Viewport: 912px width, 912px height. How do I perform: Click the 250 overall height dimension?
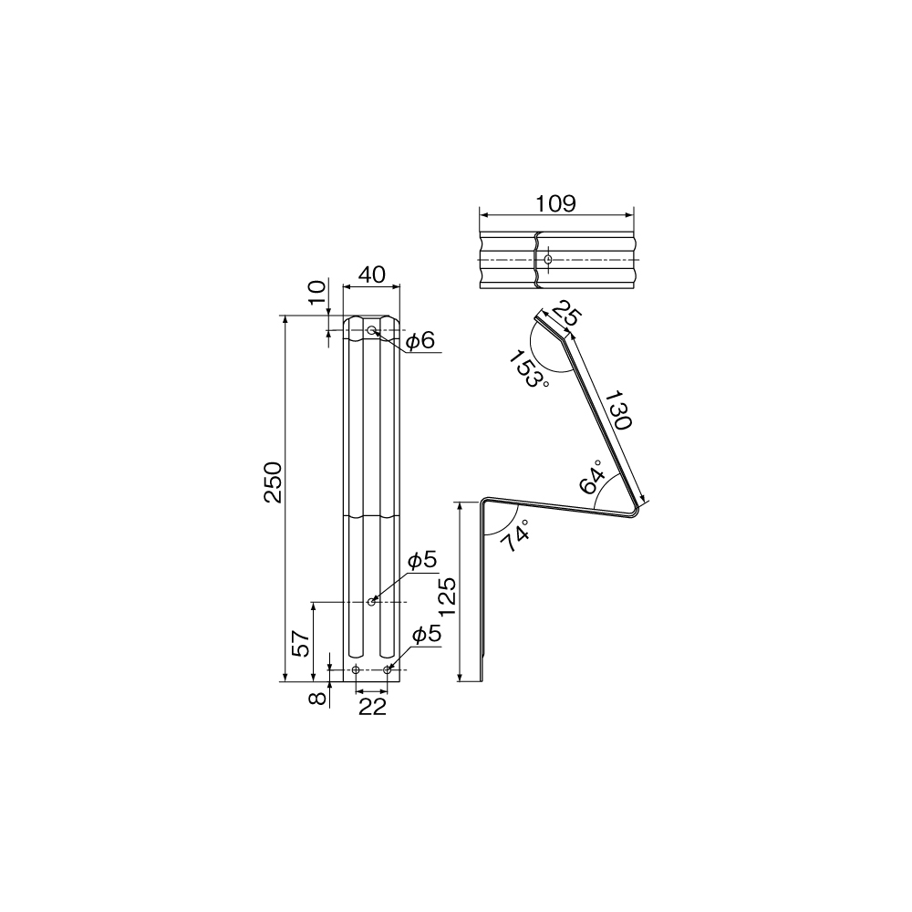click(x=273, y=482)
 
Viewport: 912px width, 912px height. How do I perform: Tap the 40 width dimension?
click(x=372, y=274)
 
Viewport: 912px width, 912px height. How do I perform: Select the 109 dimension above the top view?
click(x=555, y=203)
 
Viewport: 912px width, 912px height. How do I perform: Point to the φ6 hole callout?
click(x=420, y=340)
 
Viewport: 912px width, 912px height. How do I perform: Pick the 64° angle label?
click(x=592, y=477)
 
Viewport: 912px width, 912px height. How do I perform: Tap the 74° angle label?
click(x=514, y=535)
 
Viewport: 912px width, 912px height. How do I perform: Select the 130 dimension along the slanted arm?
click(x=618, y=410)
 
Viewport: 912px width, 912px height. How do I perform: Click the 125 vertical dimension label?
click(x=448, y=597)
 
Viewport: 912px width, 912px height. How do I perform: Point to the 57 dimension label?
click(x=301, y=643)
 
